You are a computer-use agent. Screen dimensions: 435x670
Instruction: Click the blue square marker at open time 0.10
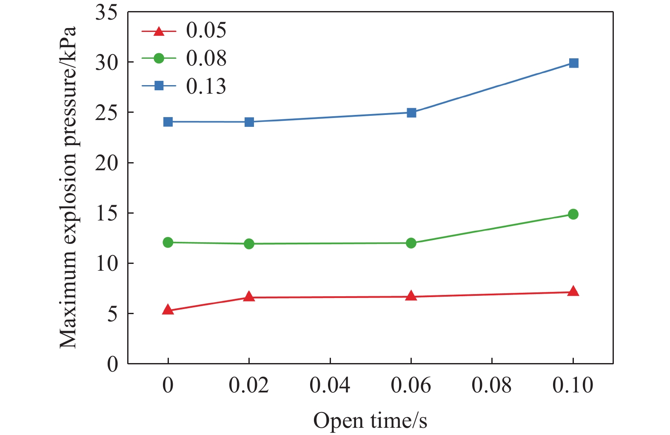click(573, 63)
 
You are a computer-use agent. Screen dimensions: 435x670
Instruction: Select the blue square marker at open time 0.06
click(411, 113)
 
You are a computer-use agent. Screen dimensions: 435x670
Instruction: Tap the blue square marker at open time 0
click(168, 122)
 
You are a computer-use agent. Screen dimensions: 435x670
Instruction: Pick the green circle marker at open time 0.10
click(573, 214)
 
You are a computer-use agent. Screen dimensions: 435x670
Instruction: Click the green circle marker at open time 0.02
click(249, 244)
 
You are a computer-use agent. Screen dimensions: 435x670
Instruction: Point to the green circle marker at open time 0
click(168, 243)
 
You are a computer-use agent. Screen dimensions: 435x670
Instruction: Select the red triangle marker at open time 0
click(168, 310)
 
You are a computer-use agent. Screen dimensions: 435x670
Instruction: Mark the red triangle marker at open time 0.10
click(573, 292)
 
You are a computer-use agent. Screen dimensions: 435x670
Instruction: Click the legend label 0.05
click(206, 31)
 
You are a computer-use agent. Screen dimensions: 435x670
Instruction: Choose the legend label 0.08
click(206, 58)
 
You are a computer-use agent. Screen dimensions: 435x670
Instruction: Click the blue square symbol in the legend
click(159, 86)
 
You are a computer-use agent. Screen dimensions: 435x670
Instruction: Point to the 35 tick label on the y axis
click(106, 13)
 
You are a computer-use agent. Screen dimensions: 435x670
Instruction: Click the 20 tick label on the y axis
click(106, 163)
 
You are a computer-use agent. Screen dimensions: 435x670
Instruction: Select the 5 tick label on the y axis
click(112, 314)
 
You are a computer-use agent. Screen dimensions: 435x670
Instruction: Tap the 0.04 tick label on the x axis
click(330, 385)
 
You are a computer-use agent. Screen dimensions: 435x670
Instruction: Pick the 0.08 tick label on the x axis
click(492, 385)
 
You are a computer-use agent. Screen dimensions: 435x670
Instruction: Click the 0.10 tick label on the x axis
click(573, 385)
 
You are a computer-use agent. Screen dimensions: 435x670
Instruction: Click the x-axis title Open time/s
click(370, 421)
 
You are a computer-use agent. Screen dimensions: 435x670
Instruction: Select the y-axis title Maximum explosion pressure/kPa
click(68, 187)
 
